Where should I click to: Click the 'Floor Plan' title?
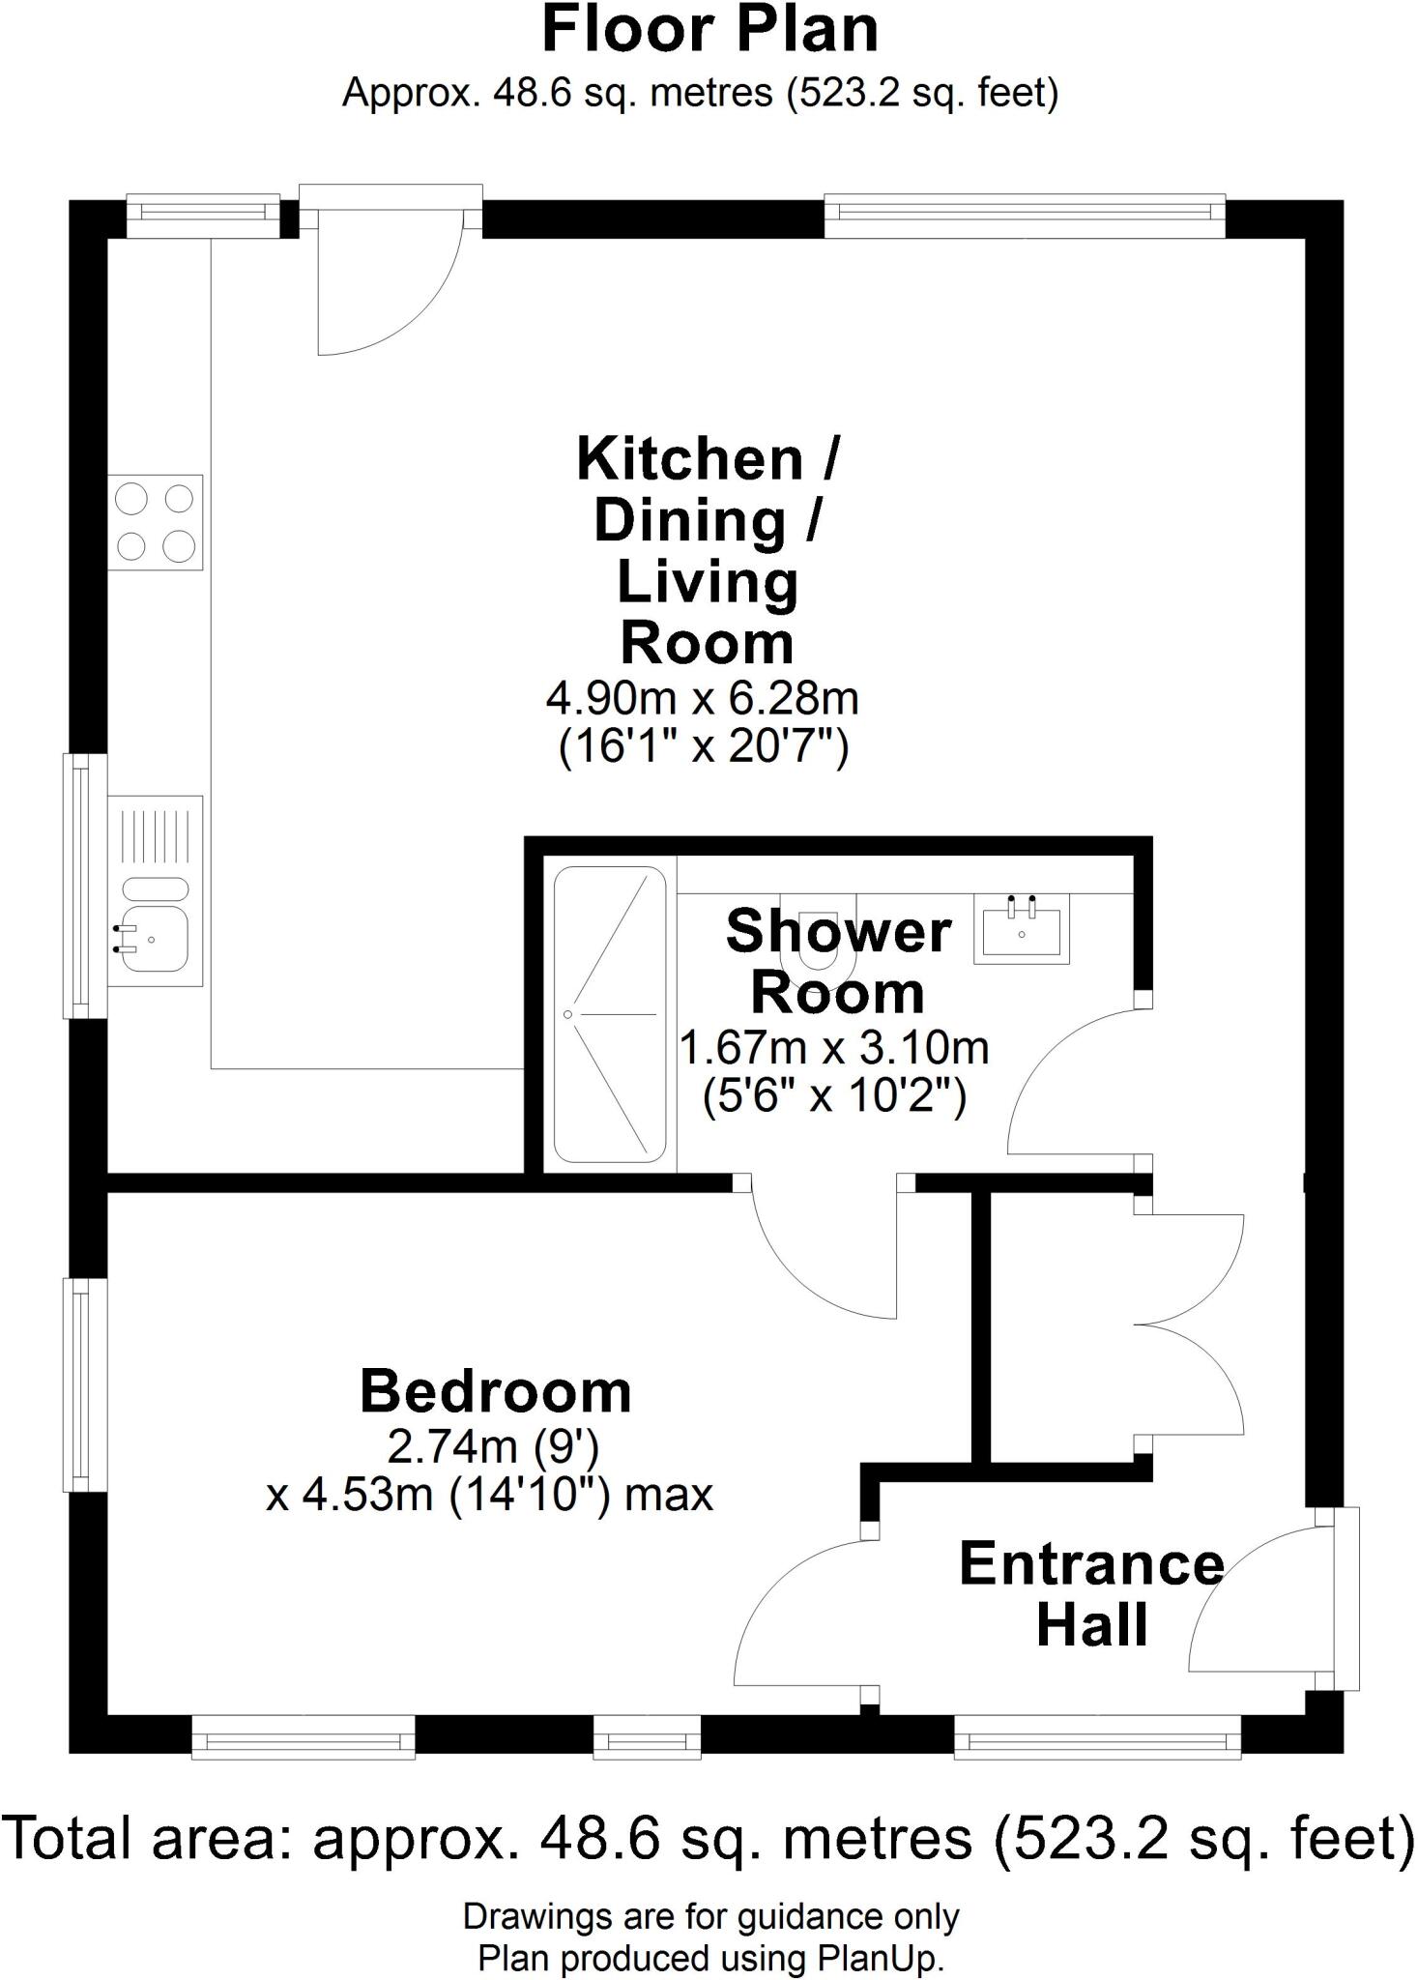pyautogui.click(x=709, y=31)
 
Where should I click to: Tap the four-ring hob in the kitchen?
pyautogui.click(x=156, y=523)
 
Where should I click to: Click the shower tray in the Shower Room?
pyautogui.click(x=610, y=1014)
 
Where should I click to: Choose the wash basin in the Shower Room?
pyautogui.click(x=1022, y=929)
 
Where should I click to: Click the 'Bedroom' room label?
pyautogui.click(x=495, y=1391)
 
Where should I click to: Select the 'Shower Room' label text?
pyautogui.click(x=838, y=962)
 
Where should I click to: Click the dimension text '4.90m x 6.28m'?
pyautogui.click(x=703, y=697)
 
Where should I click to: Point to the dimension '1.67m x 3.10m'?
pyautogui.click(x=834, y=1047)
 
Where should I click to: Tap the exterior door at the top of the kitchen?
pyautogui.click(x=391, y=280)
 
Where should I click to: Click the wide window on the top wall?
pyautogui.click(x=1024, y=218)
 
